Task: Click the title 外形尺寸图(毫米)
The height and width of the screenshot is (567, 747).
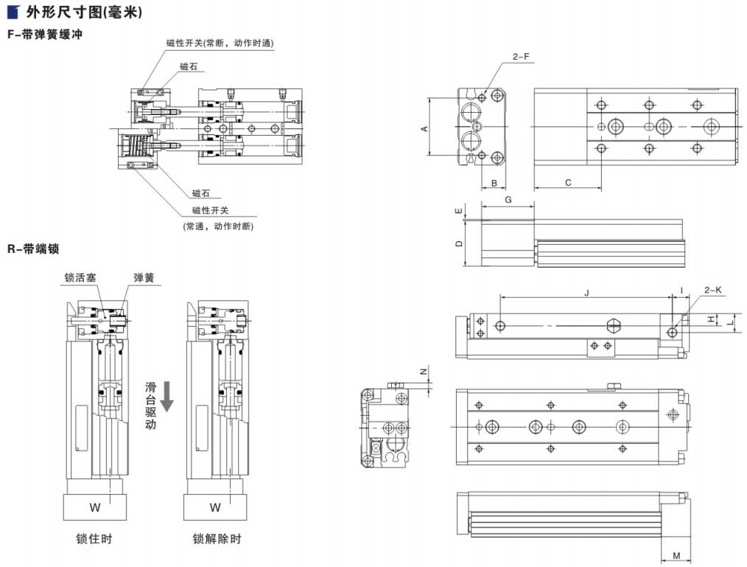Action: pyautogui.click(x=84, y=13)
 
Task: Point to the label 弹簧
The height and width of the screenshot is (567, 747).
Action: pyautogui.click(x=144, y=277)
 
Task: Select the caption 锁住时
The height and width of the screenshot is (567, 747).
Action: pyautogui.click(x=94, y=539)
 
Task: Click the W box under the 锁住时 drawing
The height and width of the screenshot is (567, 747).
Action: pyautogui.click(x=94, y=507)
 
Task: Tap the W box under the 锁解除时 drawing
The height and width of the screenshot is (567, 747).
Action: pyautogui.click(x=215, y=507)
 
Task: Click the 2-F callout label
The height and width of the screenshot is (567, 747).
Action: pyautogui.click(x=521, y=57)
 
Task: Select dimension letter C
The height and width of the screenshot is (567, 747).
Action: pyautogui.click(x=568, y=181)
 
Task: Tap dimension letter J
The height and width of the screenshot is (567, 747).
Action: pyautogui.click(x=586, y=293)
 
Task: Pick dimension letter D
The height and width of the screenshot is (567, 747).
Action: pyautogui.click(x=458, y=243)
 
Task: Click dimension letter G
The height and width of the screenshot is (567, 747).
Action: pyautogui.click(x=508, y=200)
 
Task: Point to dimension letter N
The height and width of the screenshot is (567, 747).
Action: pyautogui.click(x=424, y=372)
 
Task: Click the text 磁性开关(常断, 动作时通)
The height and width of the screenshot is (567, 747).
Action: pyautogui.click(x=220, y=44)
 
